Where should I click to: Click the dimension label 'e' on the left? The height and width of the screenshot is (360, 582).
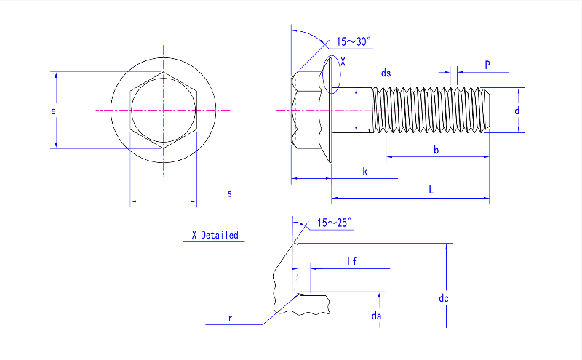[53, 111]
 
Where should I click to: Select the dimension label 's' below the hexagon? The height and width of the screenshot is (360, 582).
[229, 193]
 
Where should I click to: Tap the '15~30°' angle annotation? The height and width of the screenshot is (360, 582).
[354, 41]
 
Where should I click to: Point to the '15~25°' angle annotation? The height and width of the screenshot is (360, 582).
[334, 223]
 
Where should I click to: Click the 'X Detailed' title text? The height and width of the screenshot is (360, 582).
[215, 235]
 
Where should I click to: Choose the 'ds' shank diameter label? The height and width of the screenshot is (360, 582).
[386, 73]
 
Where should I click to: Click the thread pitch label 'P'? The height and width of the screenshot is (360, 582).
[487, 65]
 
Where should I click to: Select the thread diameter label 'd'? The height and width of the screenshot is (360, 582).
[517, 111]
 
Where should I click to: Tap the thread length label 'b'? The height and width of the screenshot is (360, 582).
[436, 150]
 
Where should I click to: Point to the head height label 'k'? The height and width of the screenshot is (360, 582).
[364, 172]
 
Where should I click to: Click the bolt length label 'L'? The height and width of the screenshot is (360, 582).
[431, 190]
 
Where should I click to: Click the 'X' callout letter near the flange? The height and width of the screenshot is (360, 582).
[343, 63]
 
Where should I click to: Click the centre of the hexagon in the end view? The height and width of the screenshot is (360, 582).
[164, 110]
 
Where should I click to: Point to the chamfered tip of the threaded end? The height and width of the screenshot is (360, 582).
[487, 110]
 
